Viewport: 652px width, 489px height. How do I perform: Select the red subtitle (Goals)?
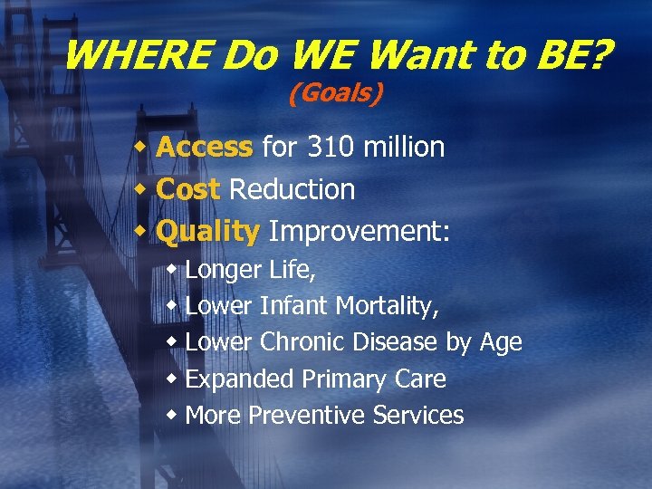(335, 93)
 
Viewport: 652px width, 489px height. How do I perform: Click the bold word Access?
(205, 147)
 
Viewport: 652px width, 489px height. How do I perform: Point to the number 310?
(330, 147)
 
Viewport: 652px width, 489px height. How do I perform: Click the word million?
(404, 147)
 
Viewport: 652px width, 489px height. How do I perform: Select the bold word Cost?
(188, 189)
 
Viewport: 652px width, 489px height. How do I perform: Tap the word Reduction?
(292, 189)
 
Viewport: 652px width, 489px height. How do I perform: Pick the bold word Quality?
(208, 232)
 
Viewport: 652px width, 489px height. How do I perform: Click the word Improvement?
(359, 232)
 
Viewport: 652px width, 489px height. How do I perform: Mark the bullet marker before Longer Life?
(172, 270)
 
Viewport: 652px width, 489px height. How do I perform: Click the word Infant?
(294, 307)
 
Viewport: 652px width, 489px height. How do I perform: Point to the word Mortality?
(388, 307)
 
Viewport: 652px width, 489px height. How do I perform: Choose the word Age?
(500, 343)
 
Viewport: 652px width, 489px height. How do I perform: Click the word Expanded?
(240, 379)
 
